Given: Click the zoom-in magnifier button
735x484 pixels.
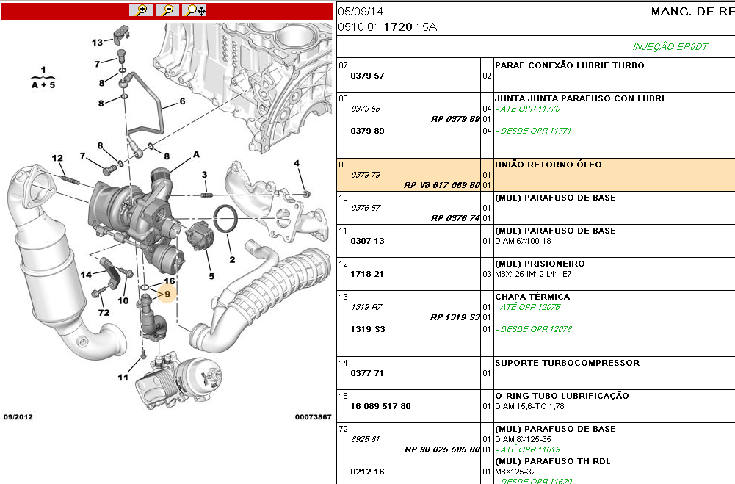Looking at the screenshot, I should coord(141,10).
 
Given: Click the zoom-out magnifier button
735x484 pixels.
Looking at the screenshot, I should coord(168,10).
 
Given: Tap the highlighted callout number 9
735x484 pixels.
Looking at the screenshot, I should coord(167,294).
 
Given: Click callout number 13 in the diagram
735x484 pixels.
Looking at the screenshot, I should coord(98,42).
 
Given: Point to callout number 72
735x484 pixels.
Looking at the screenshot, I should coord(104,314).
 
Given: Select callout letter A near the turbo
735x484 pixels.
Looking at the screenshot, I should coord(196,155).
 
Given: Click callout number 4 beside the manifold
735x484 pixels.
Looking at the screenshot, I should coord(297,163).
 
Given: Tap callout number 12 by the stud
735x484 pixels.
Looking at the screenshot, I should coord(57,158).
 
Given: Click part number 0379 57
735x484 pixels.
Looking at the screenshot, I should coord(367,76).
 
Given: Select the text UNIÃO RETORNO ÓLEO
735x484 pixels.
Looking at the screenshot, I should coord(548,165).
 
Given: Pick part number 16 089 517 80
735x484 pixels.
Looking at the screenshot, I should coord(380,406).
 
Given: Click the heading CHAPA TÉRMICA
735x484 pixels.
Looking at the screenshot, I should coord(532,297).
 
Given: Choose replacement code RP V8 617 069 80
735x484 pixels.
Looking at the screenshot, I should coord(442,185).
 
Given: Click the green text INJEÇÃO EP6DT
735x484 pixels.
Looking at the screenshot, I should coord(670,46).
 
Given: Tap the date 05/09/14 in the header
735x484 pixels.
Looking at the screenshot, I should coord(360,12).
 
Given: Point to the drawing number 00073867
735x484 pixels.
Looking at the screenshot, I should coord(314,416).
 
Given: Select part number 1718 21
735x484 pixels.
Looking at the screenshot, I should coord(367,274).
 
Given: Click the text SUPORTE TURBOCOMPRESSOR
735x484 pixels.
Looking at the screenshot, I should coord(567,363).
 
